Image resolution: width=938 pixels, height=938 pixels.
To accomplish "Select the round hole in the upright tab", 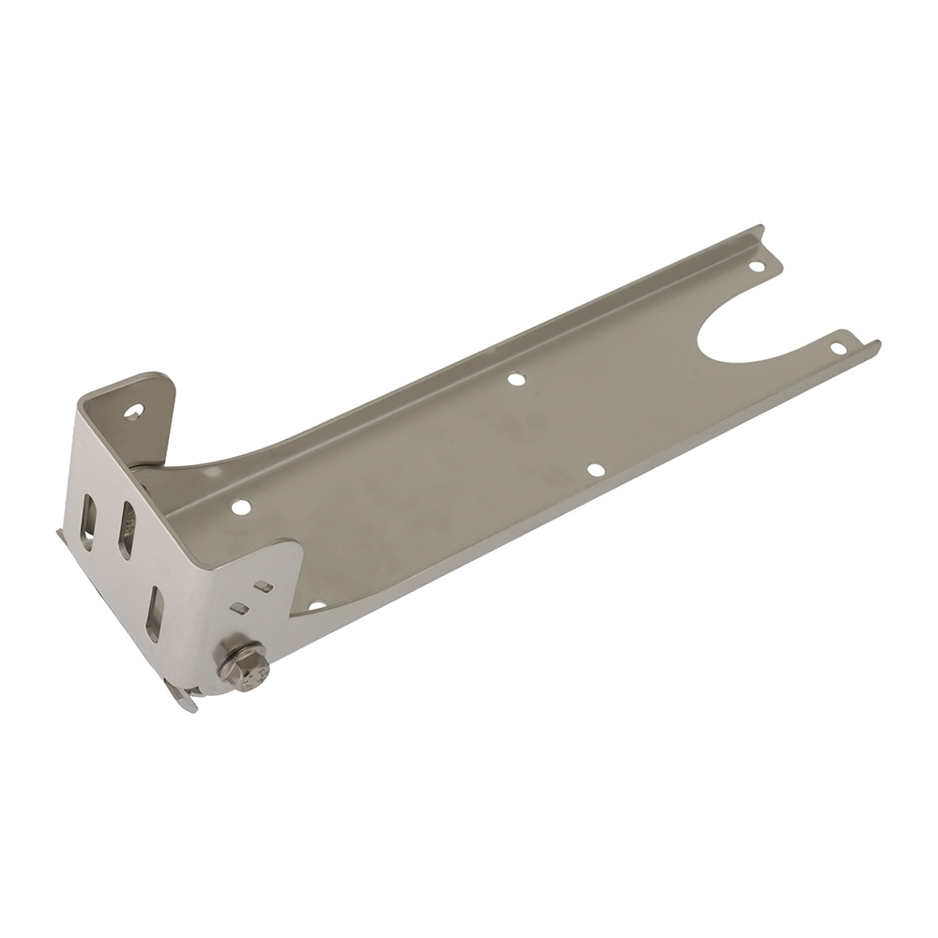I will click(x=134, y=411).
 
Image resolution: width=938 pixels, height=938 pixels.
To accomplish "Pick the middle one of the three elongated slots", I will click(x=126, y=529).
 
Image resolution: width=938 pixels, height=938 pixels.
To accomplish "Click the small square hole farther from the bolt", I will click(x=264, y=587).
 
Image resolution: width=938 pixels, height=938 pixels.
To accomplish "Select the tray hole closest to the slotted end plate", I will click(x=240, y=507).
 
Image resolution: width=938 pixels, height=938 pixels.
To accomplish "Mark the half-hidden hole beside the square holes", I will click(x=317, y=606).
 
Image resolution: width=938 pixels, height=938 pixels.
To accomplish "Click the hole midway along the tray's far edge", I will click(x=515, y=380).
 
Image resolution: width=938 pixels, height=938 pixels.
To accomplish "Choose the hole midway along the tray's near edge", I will click(x=595, y=469).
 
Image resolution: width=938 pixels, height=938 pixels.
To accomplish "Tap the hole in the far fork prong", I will click(x=756, y=265).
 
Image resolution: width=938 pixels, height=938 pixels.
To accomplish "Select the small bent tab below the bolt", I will click(x=183, y=695).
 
